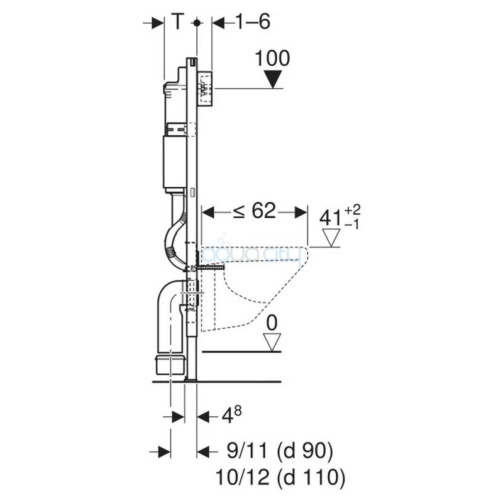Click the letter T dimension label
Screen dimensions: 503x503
pyautogui.click(x=178, y=22)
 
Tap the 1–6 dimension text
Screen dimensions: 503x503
pyautogui.click(x=253, y=22)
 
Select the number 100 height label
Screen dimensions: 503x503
pyautogui.click(x=272, y=58)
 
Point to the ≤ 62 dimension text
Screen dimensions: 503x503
pyautogui.click(x=255, y=211)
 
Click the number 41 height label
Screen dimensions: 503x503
pyautogui.click(x=330, y=218)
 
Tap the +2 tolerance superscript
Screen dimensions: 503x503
pyautogui.click(x=353, y=210)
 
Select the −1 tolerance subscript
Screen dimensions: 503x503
pyautogui.click(x=351, y=224)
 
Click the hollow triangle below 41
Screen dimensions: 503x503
pyautogui.click(x=331, y=238)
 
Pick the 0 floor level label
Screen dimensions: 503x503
pyautogui.click(x=272, y=323)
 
